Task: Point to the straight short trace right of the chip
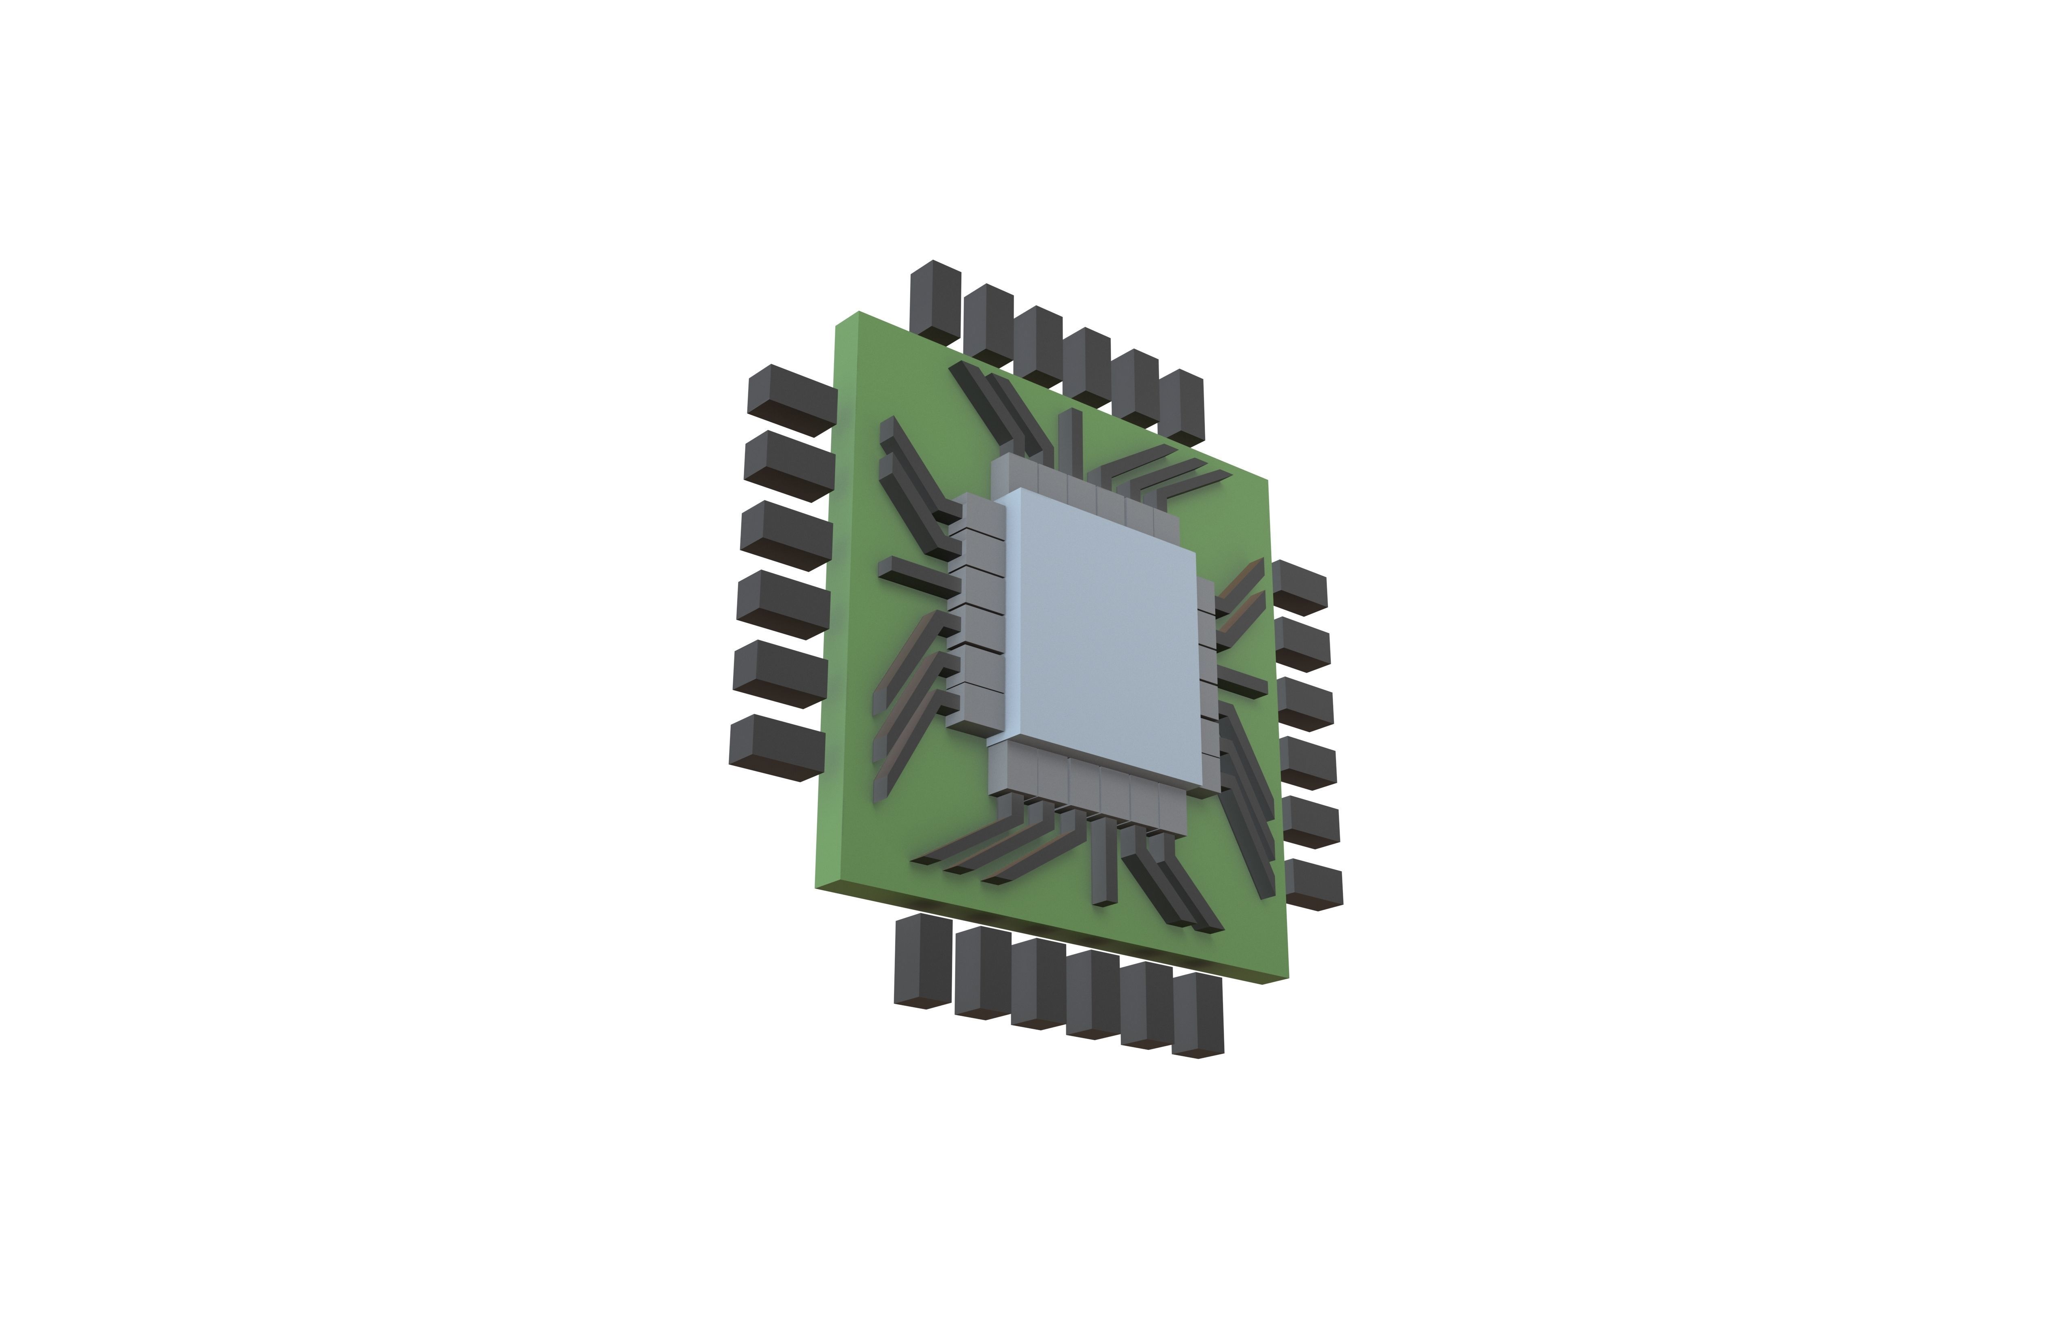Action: coord(1241,681)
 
